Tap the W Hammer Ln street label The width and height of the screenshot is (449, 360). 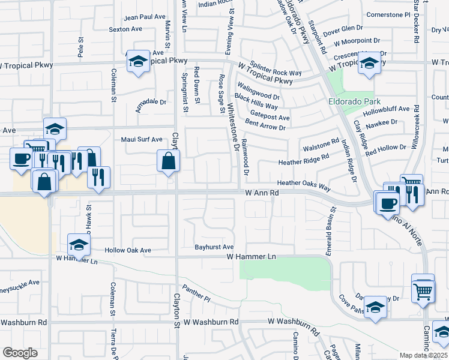pyautogui.click(x=251, y=256)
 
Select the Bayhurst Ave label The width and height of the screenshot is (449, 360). pyautogui.click(x=214, y=247)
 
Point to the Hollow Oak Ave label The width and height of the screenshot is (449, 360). pyautogui.click(x=128, y=250)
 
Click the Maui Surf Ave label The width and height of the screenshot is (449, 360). pyautogui.click(x=142, y=139)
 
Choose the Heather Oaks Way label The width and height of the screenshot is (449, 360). pyautogui.click(x=304, y=183)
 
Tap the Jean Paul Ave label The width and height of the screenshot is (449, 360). pyautogui.click(x=145, y=17)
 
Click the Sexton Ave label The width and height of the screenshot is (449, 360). pyautogui.click(x=125, y=29)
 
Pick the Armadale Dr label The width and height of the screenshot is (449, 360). pyautogui.click(x=151, y=102)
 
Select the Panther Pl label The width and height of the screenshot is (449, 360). pyautogui.click(x=197, y=294)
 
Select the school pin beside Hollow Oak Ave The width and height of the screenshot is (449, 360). pyautogui.click(x=79, y=244)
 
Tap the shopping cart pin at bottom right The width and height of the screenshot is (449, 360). pyautogui.click(x=423, y=291)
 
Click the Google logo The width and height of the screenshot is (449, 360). pyautogui.click(x=20, y=353)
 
